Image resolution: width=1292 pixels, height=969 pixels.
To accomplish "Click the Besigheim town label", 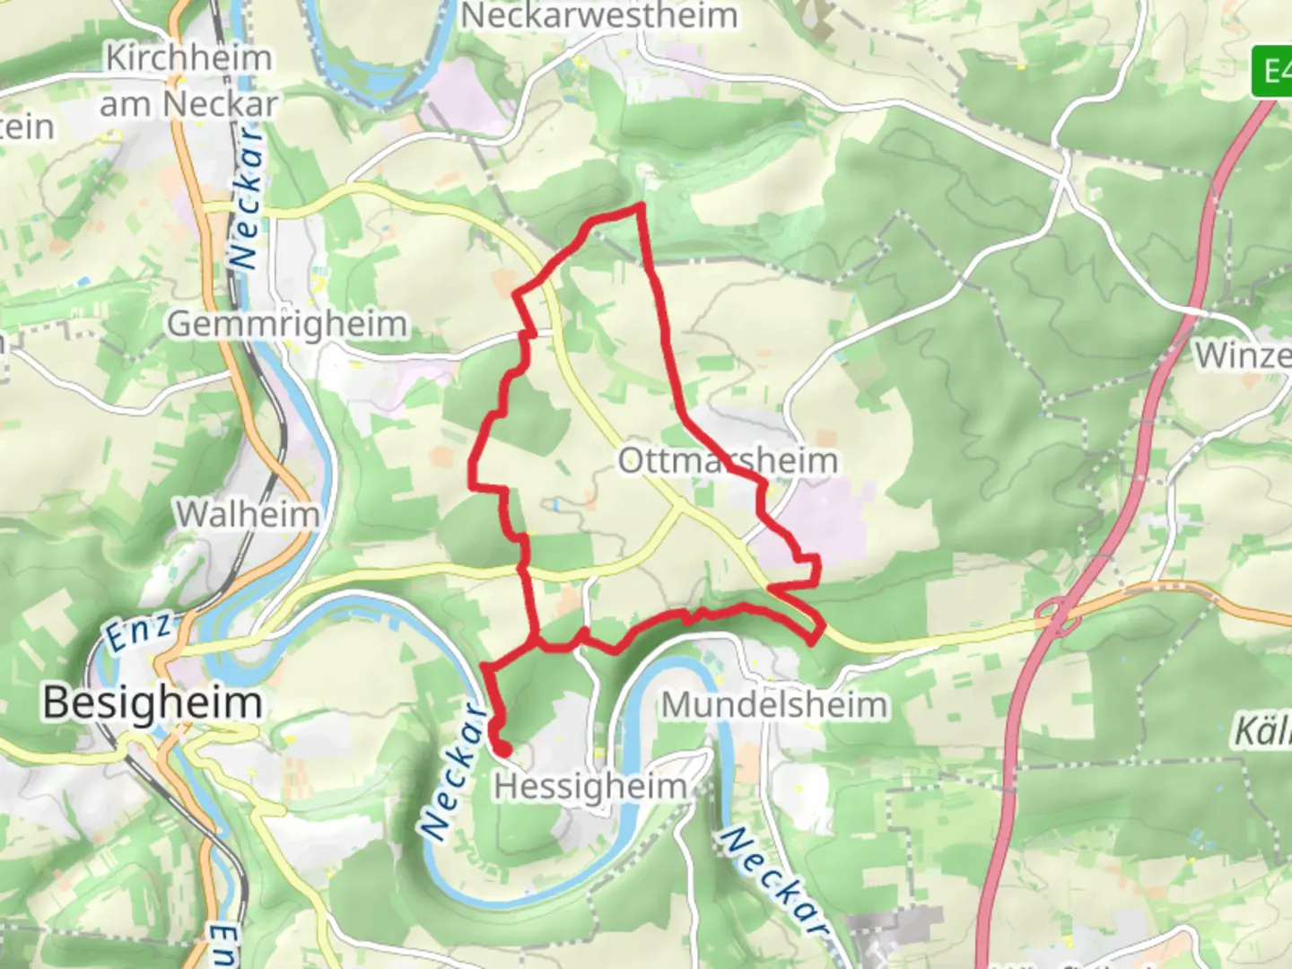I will point(152,702).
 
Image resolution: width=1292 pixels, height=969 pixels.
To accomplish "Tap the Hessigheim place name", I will point(590,787).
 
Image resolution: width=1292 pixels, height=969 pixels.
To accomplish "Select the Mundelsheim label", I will point(774,704).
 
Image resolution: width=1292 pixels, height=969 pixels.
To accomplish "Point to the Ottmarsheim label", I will point(728,460).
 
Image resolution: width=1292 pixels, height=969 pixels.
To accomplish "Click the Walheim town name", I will point(248,514).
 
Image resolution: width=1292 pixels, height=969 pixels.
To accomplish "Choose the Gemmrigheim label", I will point(287,324).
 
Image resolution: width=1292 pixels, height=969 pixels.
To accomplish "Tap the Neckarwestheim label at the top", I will point(599,15).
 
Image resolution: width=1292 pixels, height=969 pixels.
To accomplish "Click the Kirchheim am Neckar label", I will point(188,81).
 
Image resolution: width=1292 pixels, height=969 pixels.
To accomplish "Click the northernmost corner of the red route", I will point(641,206).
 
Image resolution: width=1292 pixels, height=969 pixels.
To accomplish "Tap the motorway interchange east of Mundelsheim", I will point(1056,618).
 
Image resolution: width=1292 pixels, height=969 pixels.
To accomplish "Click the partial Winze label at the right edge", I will point(1243,355).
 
